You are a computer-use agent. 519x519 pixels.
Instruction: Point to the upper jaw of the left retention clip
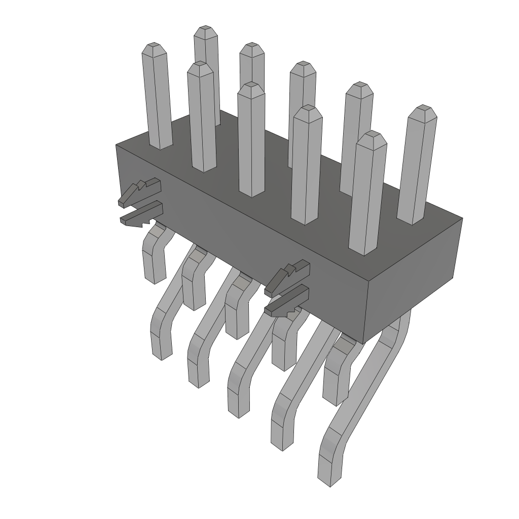tap(140, 191)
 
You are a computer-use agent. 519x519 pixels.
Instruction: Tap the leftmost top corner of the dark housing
tap(116, 145)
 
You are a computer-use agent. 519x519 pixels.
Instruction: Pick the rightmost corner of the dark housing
tap(462, 218)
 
